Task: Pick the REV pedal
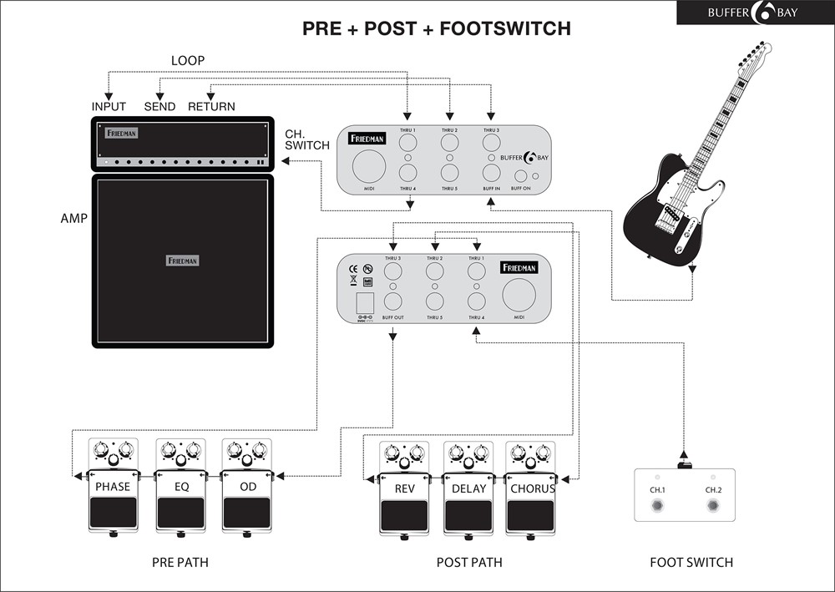click(x=404, y=488)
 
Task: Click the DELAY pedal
click(x=468, y=488)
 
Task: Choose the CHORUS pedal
click(x=532, y=488)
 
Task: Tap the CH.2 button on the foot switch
click(x=713, y=506)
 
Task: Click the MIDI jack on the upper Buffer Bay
click(x=369, y=168)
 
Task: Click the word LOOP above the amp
click(x=188, y=61)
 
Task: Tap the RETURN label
click(x=211, y=107)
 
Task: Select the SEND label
click(x=159, y=107)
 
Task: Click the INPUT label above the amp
click(x=109, y=107)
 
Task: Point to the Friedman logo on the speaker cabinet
click(x=183, y=261)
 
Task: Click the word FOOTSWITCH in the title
click(x=504, y=28)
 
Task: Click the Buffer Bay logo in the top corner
click(x=755, y=13)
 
